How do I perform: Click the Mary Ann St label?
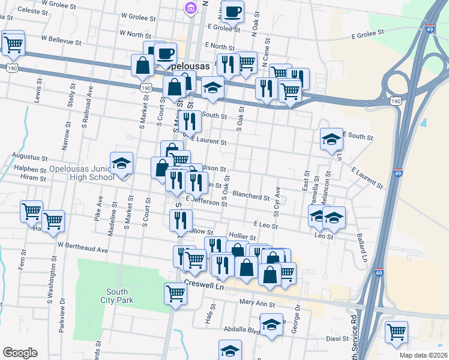257,304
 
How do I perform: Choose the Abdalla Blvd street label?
243,329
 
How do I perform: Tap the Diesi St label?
337,339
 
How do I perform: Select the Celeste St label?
34,11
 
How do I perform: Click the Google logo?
20,353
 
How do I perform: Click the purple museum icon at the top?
190,8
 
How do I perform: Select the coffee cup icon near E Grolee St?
232,10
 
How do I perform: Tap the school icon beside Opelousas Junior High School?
122,163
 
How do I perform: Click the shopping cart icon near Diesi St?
396,331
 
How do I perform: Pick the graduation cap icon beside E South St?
330,139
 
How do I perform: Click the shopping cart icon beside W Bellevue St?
13,42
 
